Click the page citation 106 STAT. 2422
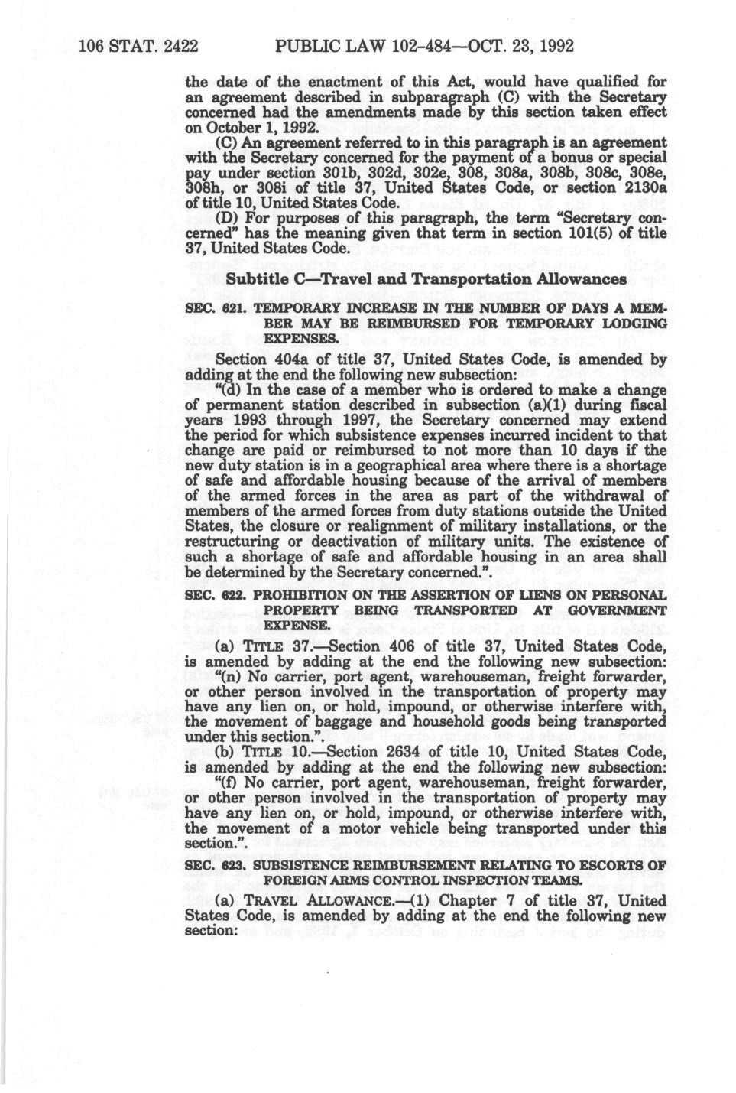(138, 45)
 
